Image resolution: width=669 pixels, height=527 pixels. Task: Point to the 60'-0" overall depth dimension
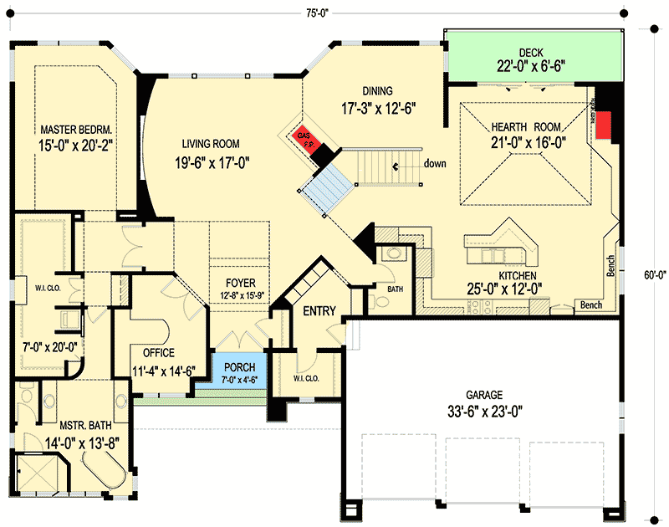[654, 273]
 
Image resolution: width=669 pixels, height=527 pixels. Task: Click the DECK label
[531, 52]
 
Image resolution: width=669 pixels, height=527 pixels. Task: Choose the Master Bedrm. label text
[76, 130]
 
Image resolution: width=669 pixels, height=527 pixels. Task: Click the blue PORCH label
[239, 368]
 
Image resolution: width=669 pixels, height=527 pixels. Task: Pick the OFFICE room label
[158, 352]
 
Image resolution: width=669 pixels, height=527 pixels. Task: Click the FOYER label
[239, 284]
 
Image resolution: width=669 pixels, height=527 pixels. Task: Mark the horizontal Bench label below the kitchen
[590, 305]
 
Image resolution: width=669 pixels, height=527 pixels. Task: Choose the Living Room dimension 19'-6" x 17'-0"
[213, 162]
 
